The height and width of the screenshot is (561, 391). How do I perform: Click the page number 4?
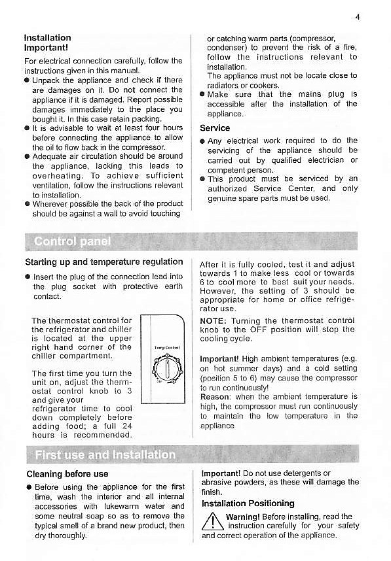click(358, 17)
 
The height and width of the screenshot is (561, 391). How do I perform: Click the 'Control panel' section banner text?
click(72, 242)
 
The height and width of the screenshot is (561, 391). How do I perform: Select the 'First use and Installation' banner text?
click(105, 454)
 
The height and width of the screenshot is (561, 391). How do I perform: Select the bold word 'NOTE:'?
click(213, 321)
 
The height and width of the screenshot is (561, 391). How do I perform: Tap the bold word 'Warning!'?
click(246, 517)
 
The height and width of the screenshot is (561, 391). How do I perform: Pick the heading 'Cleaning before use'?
click(67, 474)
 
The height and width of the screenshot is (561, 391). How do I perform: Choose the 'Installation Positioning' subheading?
click(248, 503)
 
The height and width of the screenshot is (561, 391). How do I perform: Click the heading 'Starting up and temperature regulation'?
click(103, 262)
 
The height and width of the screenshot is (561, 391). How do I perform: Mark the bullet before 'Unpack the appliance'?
click(27, 80)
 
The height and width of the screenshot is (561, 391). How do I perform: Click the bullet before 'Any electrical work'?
click(203, 141)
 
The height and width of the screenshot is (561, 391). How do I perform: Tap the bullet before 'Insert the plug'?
click(27, 277)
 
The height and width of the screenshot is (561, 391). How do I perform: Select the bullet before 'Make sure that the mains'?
click(203, 95)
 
